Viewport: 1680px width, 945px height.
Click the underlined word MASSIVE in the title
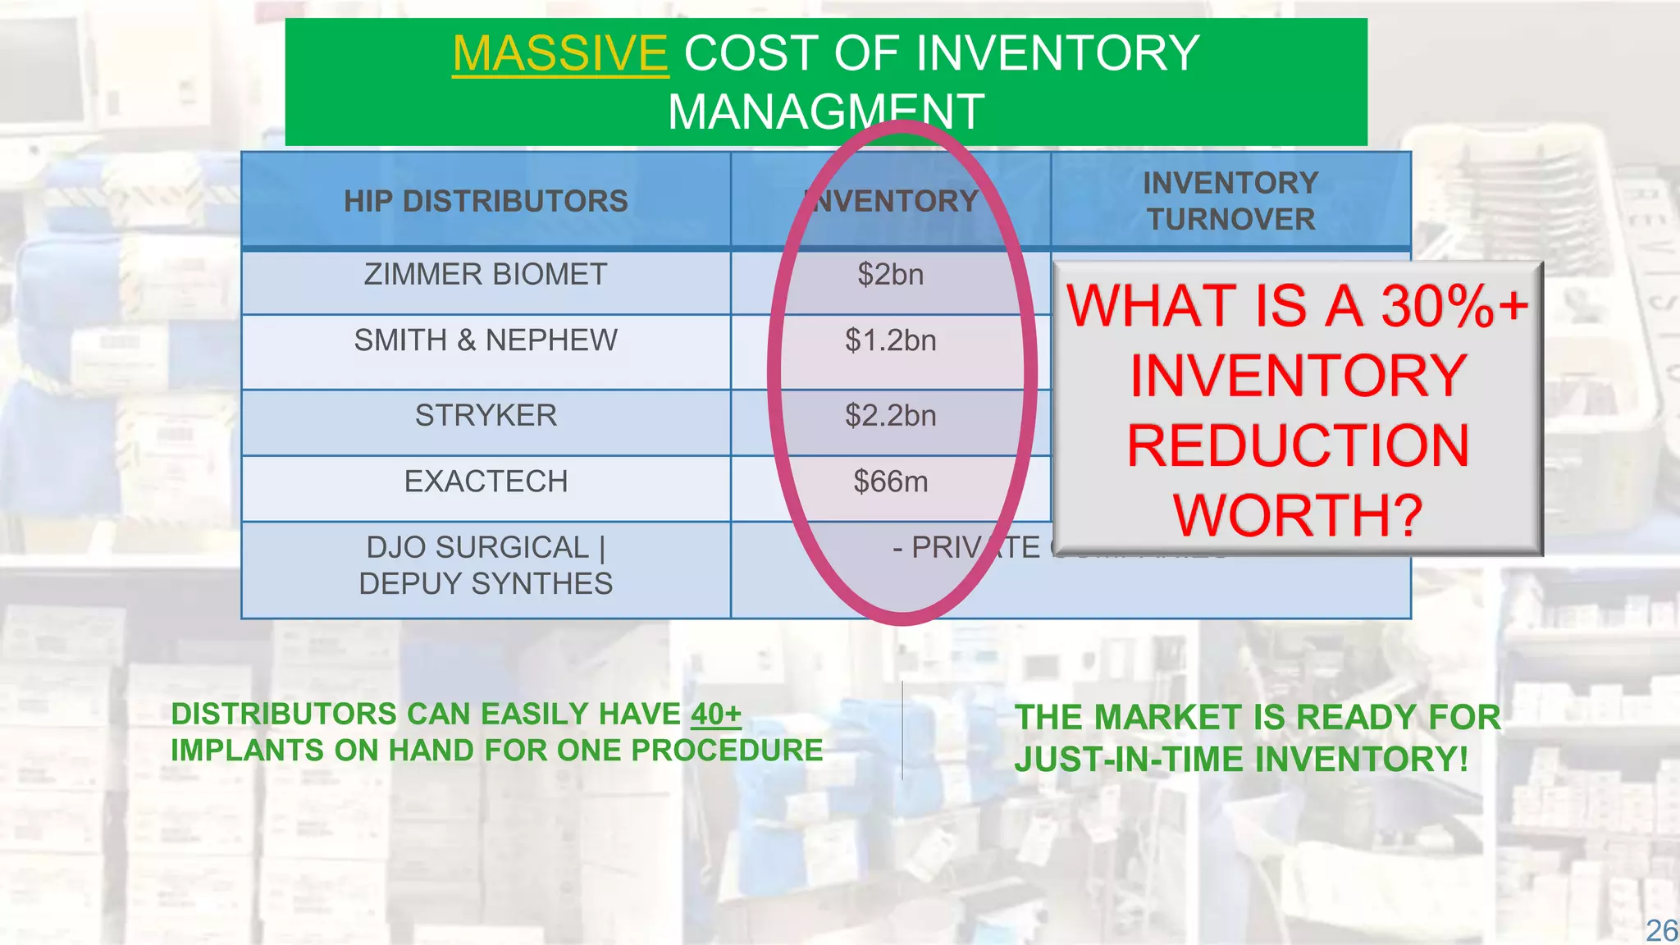pos(560,53)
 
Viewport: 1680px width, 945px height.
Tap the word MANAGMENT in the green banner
pos(825,112)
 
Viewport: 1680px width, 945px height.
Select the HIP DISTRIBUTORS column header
pos(486,201)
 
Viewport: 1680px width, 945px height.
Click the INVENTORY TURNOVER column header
pos(1230,201)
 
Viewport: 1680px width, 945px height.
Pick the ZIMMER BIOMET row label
pos(486,274)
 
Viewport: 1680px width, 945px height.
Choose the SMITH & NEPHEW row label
pos(486,340)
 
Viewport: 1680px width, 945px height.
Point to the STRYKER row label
pos(486,415)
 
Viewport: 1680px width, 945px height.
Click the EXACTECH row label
pos(486,481)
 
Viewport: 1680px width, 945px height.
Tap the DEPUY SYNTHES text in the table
pos(486,583)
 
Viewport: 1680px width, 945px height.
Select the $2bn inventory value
pos(891,274)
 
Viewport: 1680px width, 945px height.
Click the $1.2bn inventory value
pos(891,340)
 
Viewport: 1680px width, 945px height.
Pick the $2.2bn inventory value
pos(891,415)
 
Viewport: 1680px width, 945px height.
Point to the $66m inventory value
pos(891,481)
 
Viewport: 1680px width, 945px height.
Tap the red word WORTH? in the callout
pos(1297,515)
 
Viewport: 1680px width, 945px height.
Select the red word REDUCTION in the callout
pos(1297,445)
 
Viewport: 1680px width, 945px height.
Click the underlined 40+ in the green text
pos(715,714)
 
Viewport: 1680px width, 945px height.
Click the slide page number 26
pos(1661,930)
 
